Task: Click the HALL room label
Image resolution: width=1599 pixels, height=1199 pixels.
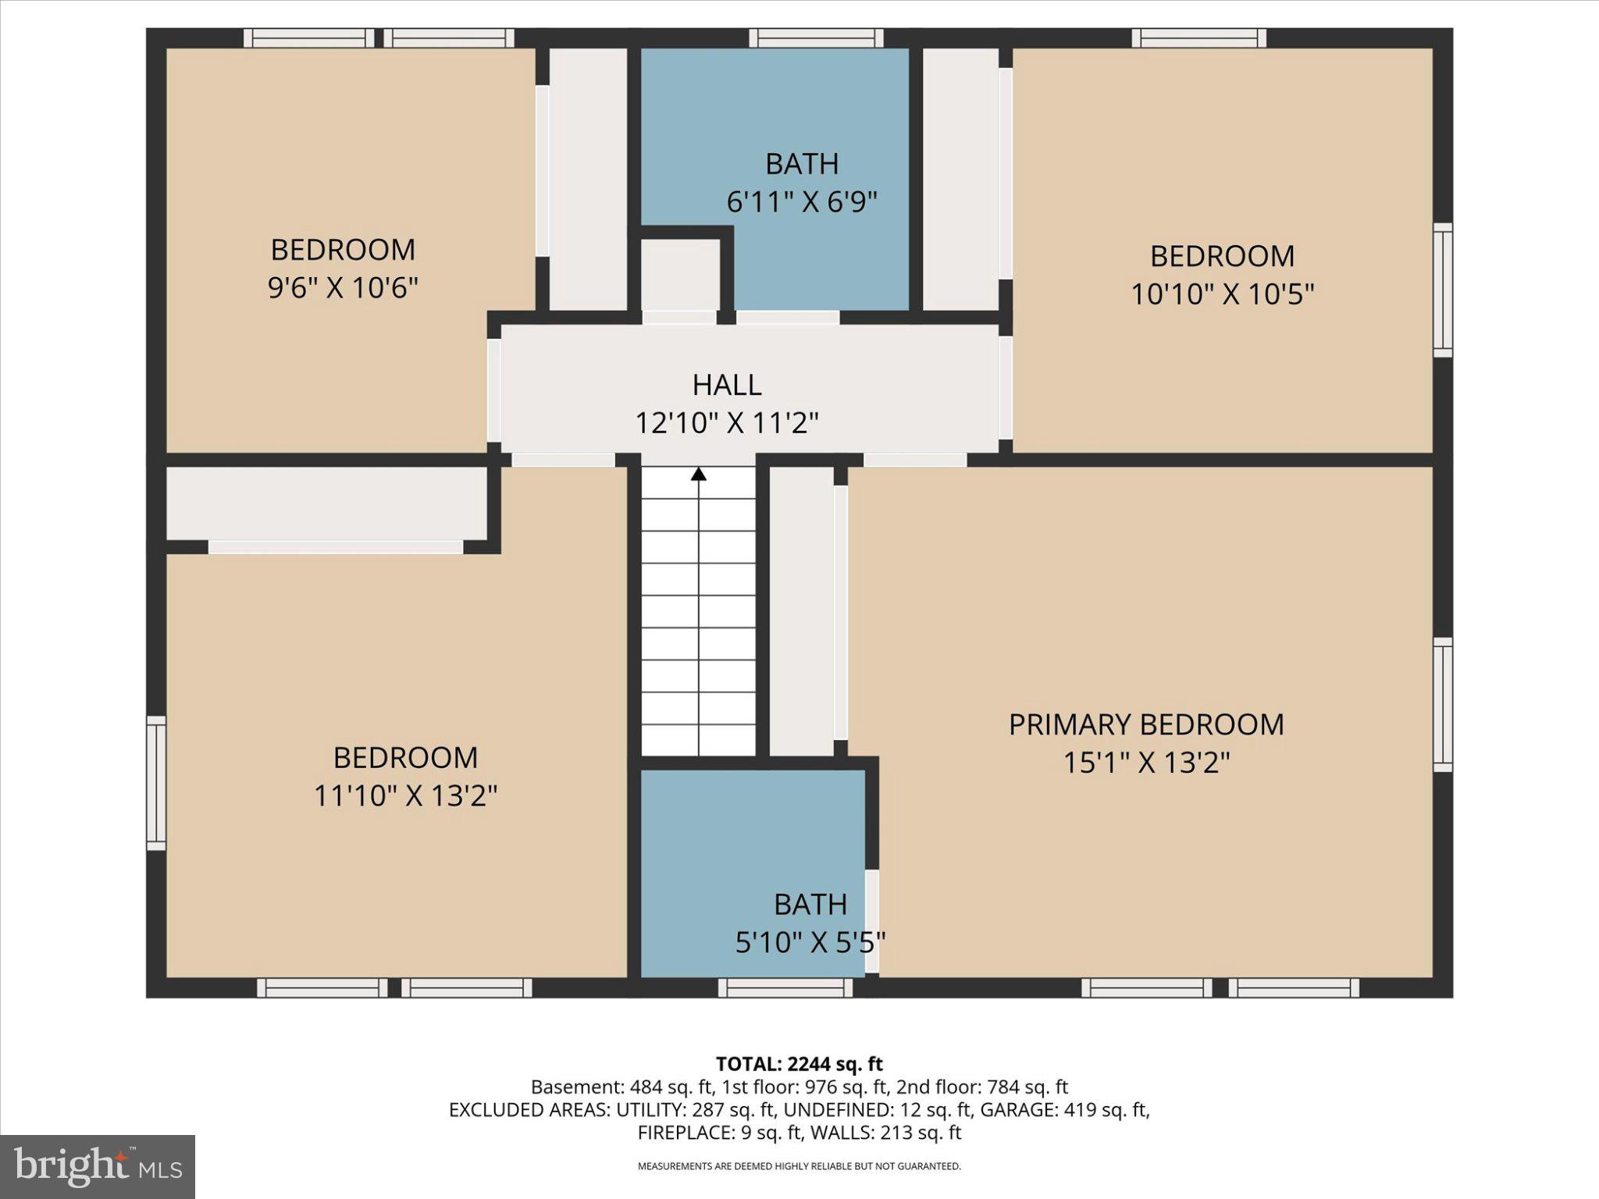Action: [726, 385]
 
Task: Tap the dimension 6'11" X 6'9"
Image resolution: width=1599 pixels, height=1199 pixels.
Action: [802, 202]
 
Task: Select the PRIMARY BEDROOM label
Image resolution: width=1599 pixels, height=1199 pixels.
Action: [1145, 724]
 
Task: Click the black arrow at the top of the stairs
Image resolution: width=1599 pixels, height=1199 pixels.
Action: [699, 474]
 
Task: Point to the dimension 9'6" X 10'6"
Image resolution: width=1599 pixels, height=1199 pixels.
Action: [343, 288]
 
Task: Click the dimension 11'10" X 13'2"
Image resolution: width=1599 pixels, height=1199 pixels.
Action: [405, 796]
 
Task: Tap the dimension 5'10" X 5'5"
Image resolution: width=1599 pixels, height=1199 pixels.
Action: [810, 942]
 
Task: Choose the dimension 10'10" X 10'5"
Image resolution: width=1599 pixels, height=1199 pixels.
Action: [1222, 294]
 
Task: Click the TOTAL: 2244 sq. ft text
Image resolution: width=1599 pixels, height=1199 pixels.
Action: [799, 1064]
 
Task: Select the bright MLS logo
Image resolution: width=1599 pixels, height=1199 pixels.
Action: [98, 1166]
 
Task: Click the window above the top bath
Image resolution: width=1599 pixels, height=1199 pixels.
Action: [816, 38]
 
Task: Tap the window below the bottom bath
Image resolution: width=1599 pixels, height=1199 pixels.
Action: [785, 988]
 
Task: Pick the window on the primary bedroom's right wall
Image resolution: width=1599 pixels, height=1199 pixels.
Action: [1443, 705]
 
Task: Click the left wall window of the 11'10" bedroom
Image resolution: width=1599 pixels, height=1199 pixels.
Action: [157, 783]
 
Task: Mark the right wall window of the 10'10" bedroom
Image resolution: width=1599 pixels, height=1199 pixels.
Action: [1443, 290]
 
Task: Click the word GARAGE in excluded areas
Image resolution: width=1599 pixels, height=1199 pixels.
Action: [1015, 1110]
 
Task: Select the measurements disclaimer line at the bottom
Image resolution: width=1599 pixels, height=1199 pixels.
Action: [799, 1166]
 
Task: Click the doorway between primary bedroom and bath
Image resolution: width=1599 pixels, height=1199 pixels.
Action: [871, 921]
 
